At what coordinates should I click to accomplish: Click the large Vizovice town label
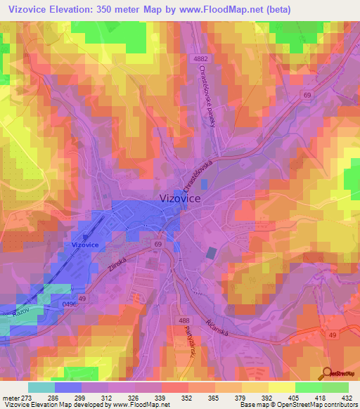tap(181, 198)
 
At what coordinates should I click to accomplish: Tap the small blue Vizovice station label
tap(86, 244)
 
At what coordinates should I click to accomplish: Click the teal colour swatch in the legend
tap(41, 387)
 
